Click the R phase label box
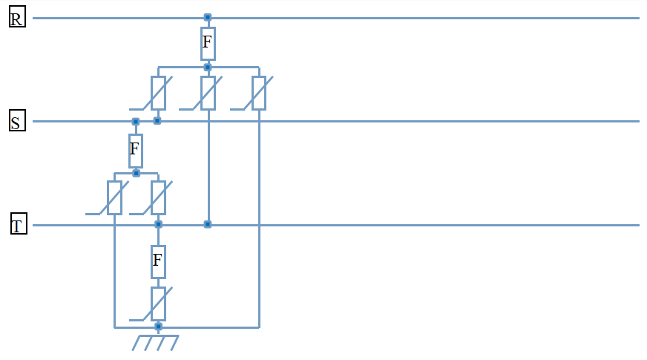17,18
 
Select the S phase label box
17,121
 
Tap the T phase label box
19,224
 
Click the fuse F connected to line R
208,43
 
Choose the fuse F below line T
157,261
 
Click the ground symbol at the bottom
157,342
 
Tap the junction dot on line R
208,17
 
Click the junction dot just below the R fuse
208,68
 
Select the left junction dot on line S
135,121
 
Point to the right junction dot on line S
157,120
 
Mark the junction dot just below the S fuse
136,173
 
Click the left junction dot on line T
158,223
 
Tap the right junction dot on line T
208,223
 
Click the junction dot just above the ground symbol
157,326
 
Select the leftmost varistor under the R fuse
158,93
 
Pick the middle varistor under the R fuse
208,93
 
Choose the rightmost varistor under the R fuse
258,93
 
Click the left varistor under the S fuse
114,197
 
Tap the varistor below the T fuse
158,304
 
